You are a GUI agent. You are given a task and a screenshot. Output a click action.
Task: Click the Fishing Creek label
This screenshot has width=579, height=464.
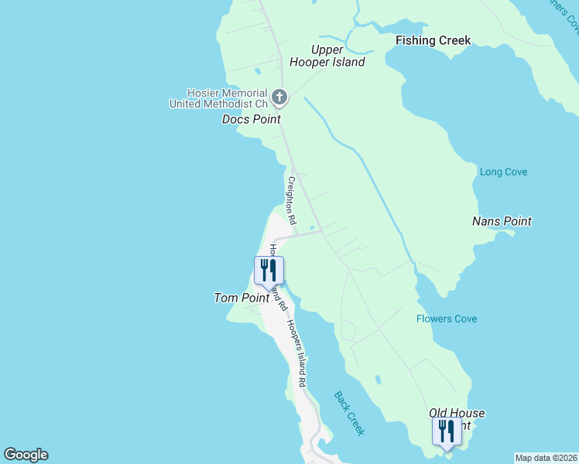click(433, 40)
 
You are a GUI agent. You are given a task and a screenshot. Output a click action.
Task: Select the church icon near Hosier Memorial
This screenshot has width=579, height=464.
click(279, 97)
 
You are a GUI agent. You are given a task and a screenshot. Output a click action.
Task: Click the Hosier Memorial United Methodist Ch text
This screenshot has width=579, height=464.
click(218, 97)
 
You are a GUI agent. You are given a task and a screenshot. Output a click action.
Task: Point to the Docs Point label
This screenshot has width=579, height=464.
click(251, 119)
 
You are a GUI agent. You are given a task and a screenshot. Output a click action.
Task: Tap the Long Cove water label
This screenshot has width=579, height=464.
click(503, 172)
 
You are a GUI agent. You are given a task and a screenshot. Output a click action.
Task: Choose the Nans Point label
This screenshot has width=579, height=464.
click(502, 221)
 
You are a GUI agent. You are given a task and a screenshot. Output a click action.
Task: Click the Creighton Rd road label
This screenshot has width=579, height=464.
click(292, 200)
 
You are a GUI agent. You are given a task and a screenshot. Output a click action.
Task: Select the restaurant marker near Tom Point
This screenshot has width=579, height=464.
click(269, 270)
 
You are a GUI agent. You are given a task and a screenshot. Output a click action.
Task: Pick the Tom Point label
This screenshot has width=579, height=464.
click(240, 298)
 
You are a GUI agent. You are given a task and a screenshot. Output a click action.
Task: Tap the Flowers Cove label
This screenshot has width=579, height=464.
click(447, 319)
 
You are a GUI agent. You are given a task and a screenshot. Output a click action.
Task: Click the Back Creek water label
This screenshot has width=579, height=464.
click(349, 413)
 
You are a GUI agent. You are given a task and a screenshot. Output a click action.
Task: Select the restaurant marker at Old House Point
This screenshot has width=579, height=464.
click(447, 432)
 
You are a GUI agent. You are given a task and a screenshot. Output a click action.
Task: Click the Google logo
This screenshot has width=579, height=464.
click(26, 455)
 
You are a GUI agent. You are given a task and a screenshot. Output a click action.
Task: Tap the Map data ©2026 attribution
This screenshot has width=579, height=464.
click(546, 458)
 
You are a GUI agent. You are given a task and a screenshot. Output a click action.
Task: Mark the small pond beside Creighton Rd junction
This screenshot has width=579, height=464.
click(312, 227)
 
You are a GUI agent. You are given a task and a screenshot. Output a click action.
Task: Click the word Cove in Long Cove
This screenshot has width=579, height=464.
click(515, 172)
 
